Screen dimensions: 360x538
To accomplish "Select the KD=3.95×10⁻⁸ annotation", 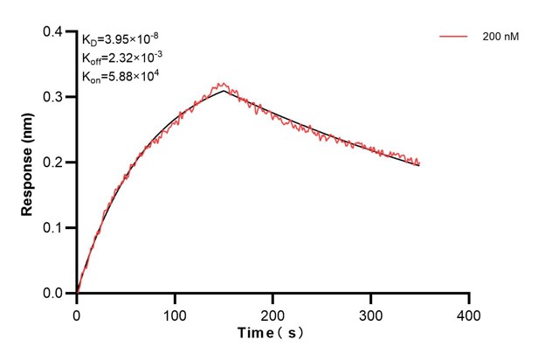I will [x=121, y=39].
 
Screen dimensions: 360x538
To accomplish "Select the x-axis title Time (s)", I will [x=272, y=335].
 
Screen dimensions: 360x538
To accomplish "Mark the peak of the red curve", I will [x=222, y=84].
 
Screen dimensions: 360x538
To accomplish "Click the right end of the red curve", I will [x=419, y=163].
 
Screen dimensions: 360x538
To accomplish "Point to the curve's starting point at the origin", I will [x=77, y=293].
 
